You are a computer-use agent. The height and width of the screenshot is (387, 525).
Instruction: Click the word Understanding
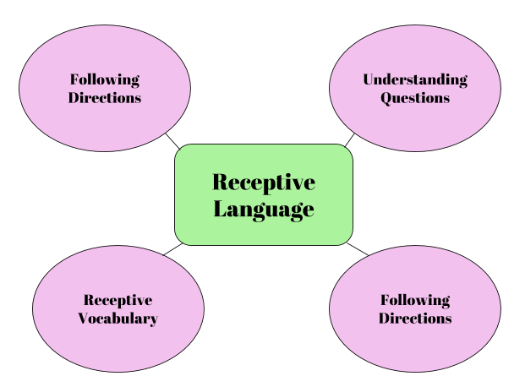coord(414,79)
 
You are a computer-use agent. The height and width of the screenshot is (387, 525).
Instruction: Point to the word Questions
coord(414,97)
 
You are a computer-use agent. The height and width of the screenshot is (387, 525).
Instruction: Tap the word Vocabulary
coord(118,319)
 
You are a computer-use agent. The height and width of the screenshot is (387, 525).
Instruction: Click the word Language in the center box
coord(263,209)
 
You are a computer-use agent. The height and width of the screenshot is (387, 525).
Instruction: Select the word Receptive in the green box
coord(263,183)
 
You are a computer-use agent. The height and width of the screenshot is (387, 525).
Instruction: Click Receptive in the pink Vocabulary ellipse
coord(118,300)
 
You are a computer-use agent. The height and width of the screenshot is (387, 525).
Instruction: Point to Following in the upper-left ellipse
coord(105,79)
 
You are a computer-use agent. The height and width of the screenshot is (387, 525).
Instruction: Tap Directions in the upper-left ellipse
coord(105,97)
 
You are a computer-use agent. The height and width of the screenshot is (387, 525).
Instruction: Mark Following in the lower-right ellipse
coord(414,300)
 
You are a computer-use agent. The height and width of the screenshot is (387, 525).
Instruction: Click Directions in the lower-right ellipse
coord(414,319)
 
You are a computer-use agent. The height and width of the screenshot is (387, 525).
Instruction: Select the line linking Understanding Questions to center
coord(349,139)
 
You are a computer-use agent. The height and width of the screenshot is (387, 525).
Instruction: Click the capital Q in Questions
coord(386,97)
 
